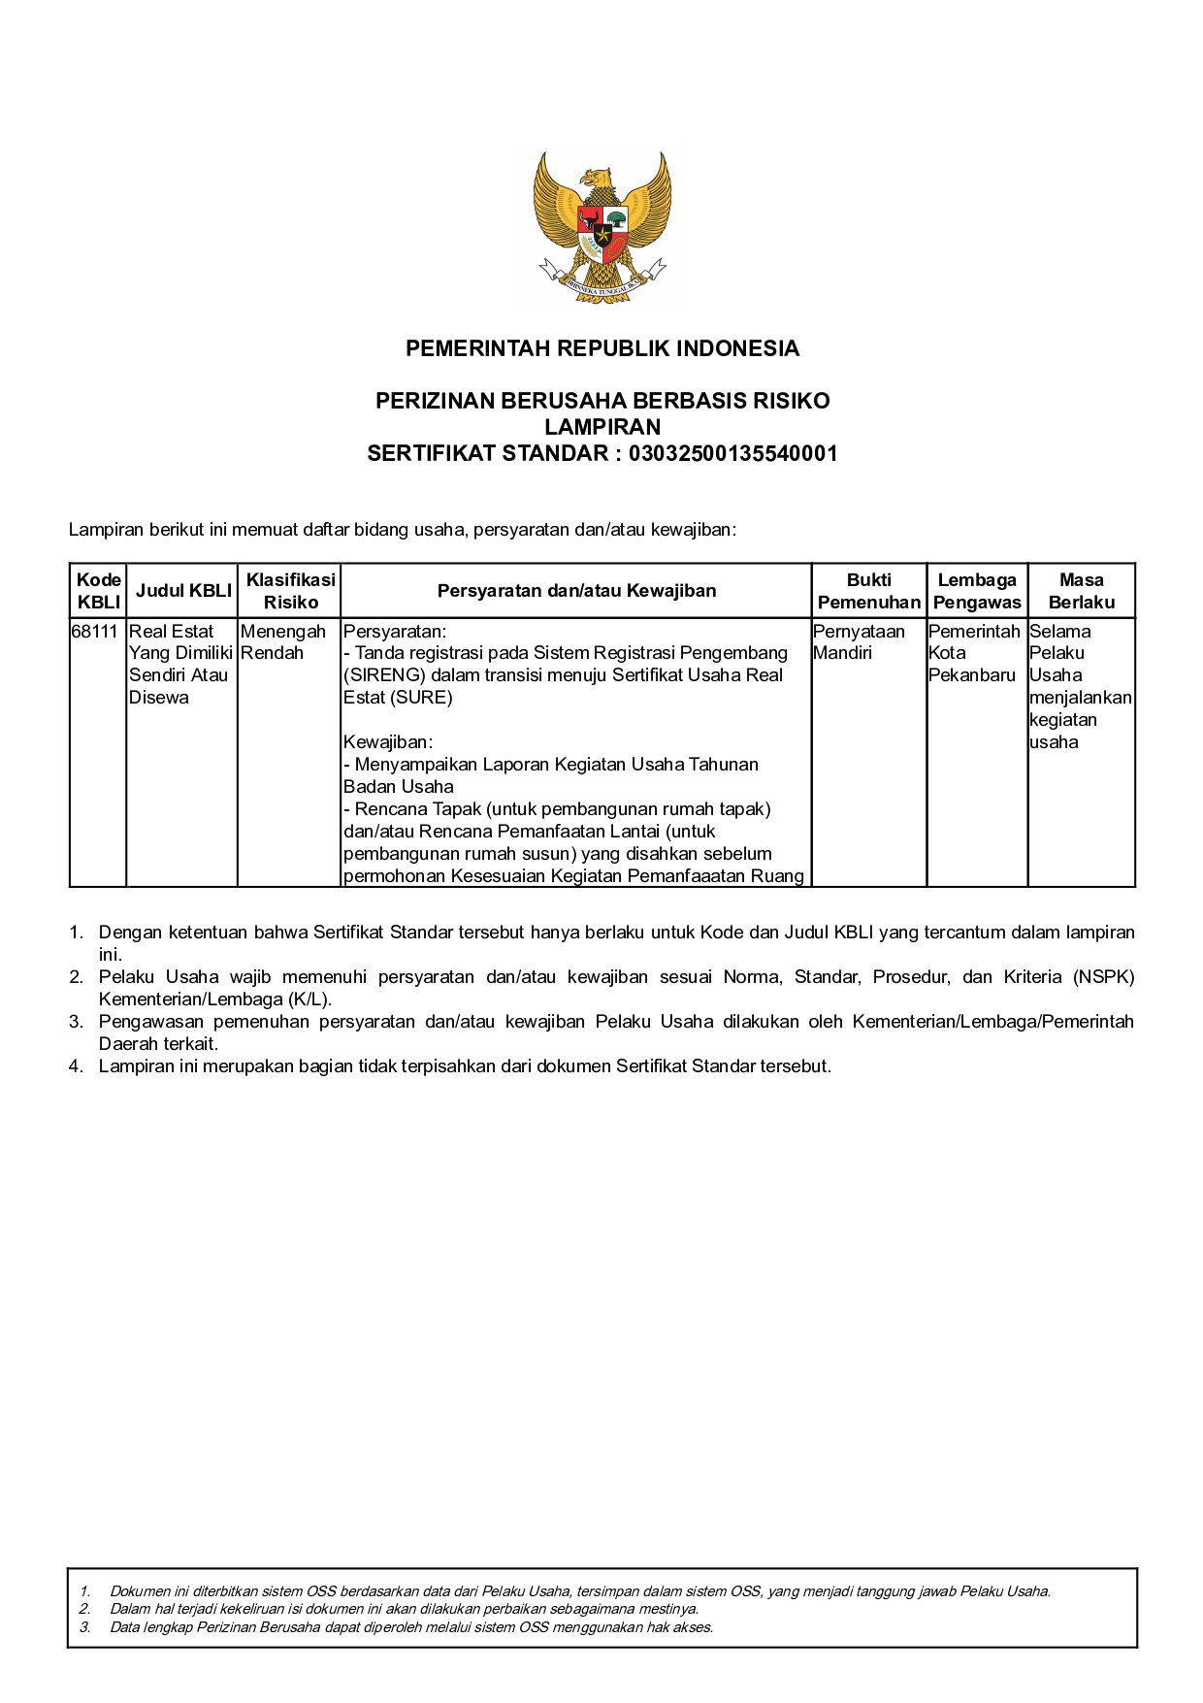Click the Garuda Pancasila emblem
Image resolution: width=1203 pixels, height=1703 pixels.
click(x=601, y=229)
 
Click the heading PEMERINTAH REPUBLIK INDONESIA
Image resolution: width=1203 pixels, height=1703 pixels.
click(x=601, y=349)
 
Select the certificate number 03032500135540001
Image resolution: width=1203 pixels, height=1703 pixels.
click(x=732, y=454)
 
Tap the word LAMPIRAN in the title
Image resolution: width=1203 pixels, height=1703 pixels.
click(x=601, y=427)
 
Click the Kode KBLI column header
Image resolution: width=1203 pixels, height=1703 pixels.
click(x=99, y=591)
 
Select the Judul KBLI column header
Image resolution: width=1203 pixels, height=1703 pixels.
click(x=183, y=591)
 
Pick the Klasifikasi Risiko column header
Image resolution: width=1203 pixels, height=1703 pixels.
click(x=290, y=591)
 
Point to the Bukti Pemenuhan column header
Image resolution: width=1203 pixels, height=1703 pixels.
click(x=868, y=591)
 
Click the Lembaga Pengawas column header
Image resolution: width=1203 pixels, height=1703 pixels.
click(x=977, y=591)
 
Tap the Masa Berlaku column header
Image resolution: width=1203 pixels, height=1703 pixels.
click(x=1081, y=591)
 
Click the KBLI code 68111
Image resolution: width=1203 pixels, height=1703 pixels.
click(x=94, y=632)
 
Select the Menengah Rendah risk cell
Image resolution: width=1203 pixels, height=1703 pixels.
click(x=282, y=642)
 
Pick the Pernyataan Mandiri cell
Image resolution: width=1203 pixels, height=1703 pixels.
click(x=859, y=642)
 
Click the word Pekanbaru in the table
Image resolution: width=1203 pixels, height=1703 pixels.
click(x=971, y=675)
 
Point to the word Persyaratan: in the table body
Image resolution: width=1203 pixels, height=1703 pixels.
click(x=395, y=632)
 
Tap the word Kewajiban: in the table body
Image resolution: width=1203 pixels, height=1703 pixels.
click(x=388, y=742)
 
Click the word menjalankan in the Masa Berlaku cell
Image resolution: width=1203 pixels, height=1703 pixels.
click(x=1080, y=698)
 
